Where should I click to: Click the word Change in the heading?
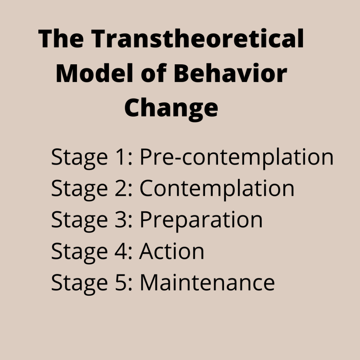pos(171,108)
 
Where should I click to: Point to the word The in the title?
pos(61,38)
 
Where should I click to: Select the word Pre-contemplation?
pos(237,157)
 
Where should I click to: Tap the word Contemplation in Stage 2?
pos(217,189)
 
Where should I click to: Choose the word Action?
pos(172,251)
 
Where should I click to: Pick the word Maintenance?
pos(207,283)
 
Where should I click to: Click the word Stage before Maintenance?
pos(79,284)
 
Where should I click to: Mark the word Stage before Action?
pos(79,253)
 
